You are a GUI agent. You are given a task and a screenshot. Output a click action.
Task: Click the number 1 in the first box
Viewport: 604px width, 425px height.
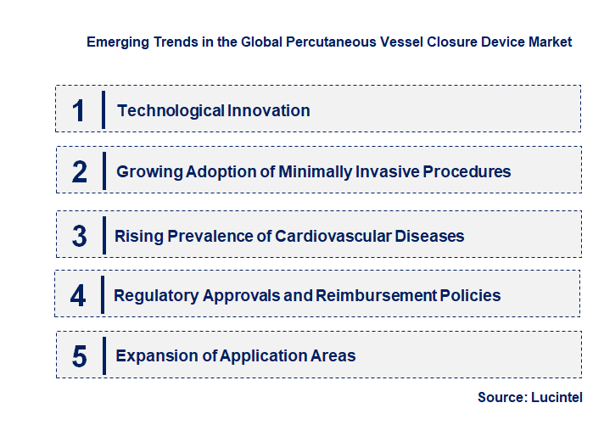(x=79, y=110)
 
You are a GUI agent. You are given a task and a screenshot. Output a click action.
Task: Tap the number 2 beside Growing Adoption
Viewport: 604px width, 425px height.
(x=80, y=171)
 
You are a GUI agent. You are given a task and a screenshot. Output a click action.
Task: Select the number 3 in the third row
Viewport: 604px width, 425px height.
(x=80, y=236)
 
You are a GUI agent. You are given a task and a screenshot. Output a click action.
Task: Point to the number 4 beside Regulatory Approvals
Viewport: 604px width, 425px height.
(x=79, y=295)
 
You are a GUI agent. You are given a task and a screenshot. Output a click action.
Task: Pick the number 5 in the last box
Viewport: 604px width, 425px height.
(x=80, y=356)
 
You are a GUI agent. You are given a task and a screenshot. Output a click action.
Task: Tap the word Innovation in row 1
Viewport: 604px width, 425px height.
(x=269, y=110)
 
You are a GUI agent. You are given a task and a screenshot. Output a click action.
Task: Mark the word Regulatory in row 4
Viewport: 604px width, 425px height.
(x=156, y=295)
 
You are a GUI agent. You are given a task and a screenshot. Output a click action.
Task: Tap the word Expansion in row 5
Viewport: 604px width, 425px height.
(x=155, y=356)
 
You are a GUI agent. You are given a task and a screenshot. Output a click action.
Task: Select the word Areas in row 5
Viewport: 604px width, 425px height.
(x=333, y=356)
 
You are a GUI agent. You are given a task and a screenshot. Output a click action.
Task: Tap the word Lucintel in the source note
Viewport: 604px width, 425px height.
(x=557, y=397)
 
